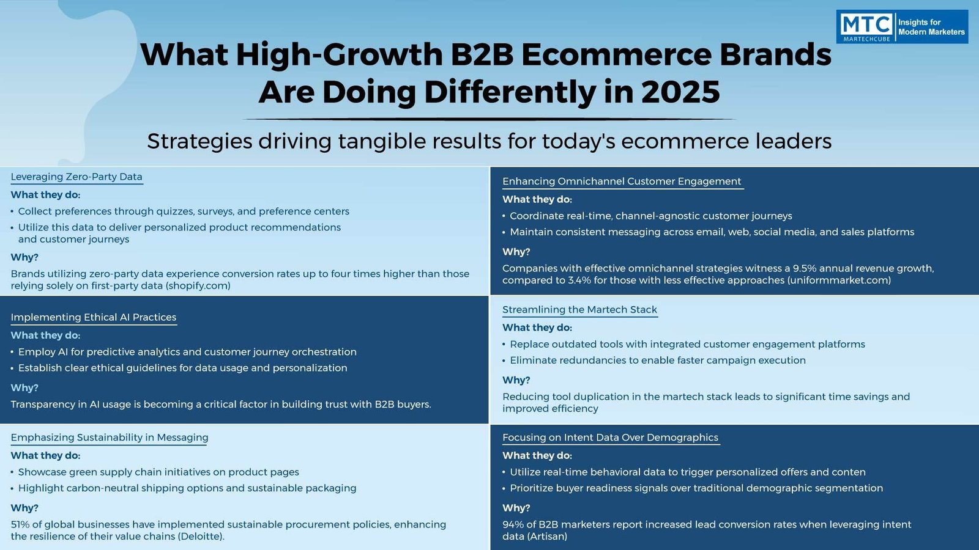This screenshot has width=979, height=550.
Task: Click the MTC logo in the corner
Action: coord(866,27)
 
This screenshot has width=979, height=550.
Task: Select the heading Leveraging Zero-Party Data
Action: coord(76,177)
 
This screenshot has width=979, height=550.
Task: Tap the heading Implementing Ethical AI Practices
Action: coord(94,317)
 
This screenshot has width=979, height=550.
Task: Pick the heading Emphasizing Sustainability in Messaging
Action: coord(110,438)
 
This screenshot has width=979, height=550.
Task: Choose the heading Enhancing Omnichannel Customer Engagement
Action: coord(622,181)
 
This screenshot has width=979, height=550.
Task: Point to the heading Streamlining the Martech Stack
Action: coord(579,309)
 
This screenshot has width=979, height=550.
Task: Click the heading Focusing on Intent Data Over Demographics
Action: coord(610,438)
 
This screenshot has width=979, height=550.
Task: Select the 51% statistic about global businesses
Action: coord(18,525)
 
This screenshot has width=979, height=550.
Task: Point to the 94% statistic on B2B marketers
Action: coord(511,525)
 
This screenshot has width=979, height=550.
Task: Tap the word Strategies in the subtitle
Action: coord(199,141)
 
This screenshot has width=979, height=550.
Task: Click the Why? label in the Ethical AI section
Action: coord(24,387)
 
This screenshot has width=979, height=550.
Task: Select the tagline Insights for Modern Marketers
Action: coord(931,27)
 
